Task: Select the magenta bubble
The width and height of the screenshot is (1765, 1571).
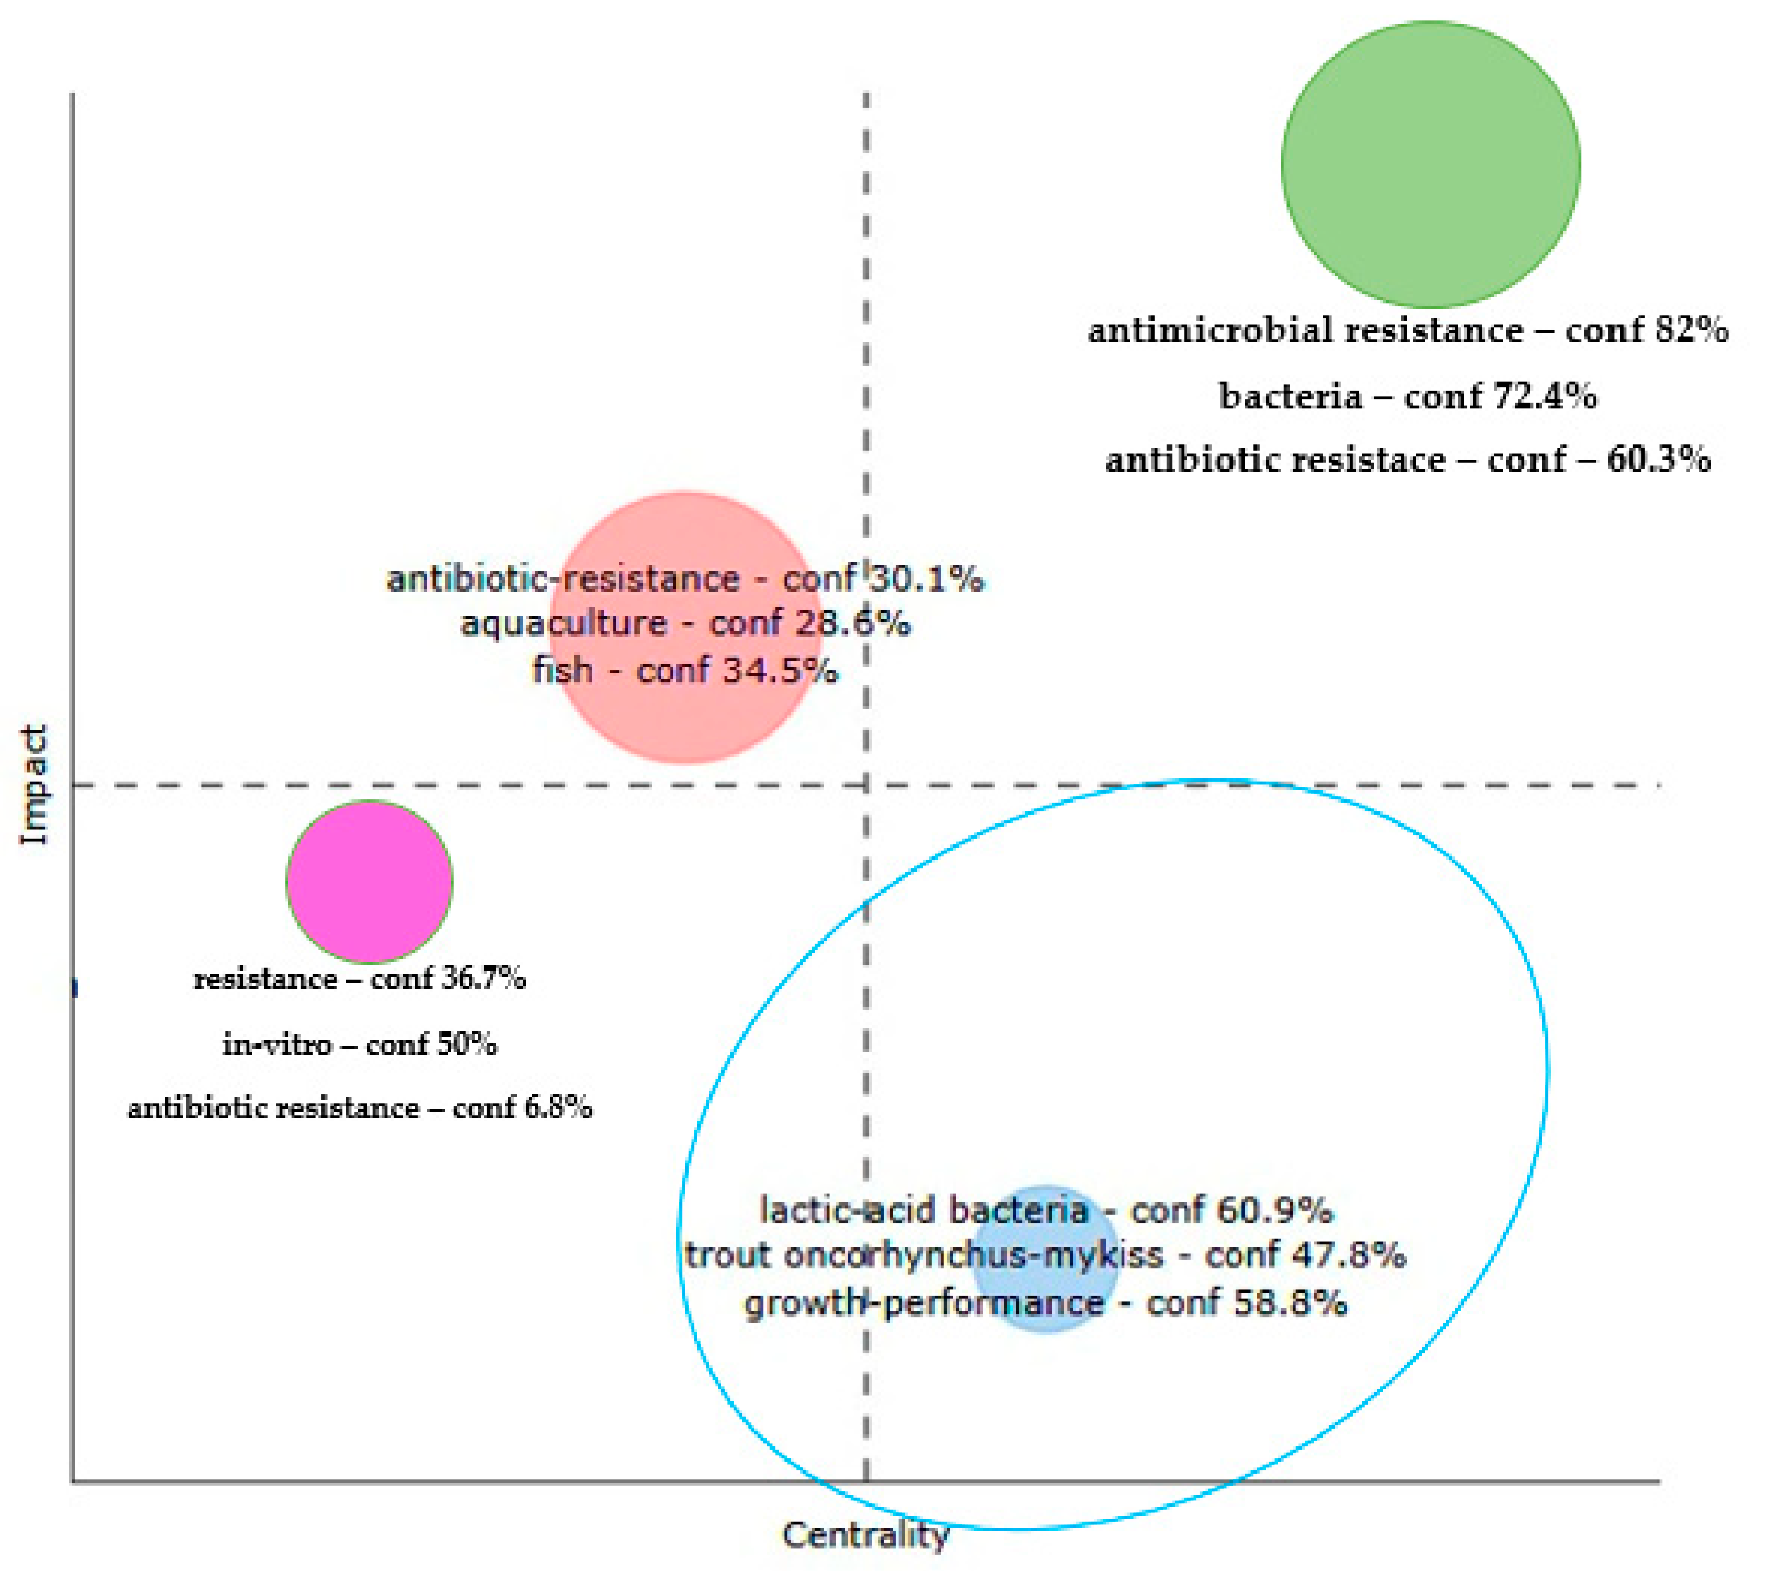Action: (370, 881)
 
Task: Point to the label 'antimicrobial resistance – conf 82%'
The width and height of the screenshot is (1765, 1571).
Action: (1407, 331)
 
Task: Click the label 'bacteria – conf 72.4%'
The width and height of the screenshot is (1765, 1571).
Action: (1407, 396)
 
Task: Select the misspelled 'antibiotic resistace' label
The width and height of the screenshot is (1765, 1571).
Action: (1407, 459)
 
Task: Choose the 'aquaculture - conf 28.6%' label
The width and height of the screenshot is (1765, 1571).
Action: (685, 623)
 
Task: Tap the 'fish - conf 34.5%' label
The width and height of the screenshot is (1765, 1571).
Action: (685, 670)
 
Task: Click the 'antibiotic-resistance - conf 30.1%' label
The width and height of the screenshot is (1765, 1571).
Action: (685, 578)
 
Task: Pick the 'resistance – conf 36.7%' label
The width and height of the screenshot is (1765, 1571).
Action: (359, 979)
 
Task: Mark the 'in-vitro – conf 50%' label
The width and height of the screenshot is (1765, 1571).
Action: (359, 1044)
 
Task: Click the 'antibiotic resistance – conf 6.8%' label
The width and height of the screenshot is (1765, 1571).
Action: (359, 1108)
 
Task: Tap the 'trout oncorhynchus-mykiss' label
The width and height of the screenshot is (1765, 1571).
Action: (924, 1255)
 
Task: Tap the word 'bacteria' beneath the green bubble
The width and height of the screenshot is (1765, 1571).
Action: (1290, 396)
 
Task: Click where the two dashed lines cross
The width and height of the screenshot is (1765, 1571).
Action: (866, 785)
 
